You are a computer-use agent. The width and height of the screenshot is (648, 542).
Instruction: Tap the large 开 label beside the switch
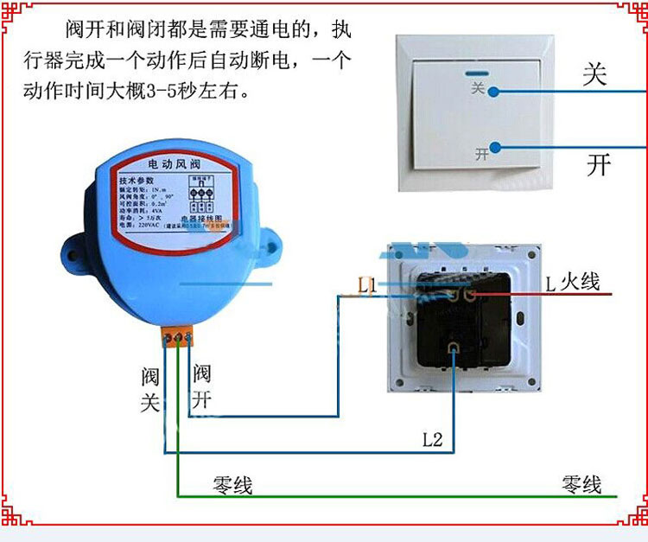[599, 164]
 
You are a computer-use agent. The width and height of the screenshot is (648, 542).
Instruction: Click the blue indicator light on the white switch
[475, 74]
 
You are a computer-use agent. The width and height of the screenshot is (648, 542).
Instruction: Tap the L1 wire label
[366, 285]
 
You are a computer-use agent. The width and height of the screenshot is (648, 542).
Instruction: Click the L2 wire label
[432, 439]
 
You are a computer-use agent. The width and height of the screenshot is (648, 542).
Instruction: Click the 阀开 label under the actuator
[201, 386]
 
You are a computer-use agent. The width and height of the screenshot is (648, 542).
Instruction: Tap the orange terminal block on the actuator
[179, 333]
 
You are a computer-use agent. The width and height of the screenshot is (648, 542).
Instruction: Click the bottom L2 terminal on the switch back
[454, 348]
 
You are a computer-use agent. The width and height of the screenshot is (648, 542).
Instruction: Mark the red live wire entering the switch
[553, 295]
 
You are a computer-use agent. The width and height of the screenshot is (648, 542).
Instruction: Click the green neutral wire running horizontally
[389, 497]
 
